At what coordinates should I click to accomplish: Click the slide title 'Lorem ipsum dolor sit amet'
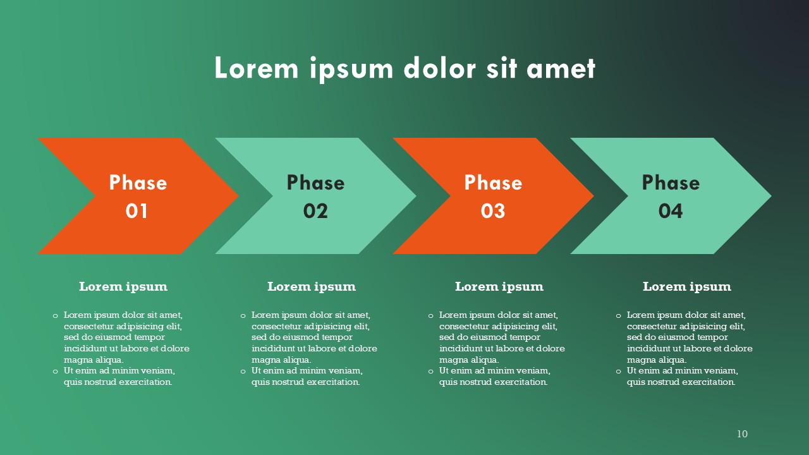point(405,68)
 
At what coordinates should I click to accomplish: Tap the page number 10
point(742,434)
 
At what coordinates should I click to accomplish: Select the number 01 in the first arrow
point(137,211)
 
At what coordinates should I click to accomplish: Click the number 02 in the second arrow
point(315,211)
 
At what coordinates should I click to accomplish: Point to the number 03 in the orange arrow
point(492,211)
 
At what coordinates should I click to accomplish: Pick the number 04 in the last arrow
point(671,211)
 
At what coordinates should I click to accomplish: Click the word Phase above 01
point(138,183)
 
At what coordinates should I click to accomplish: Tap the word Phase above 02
point(315,183)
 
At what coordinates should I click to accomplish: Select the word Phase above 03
point(494,183)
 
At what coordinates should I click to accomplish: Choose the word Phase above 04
point(671,183)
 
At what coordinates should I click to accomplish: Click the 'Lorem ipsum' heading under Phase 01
point(123,287)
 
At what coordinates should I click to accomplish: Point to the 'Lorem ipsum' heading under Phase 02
point(312,287)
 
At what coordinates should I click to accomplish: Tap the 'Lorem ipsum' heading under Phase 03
point(499,287)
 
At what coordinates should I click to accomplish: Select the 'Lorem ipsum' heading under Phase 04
point(687,287)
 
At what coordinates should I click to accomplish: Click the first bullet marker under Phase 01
point(55,316)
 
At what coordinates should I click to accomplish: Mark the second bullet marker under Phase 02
point(243,372)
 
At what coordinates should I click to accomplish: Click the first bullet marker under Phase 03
point(430,316)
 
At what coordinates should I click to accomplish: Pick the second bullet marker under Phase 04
point(618,372)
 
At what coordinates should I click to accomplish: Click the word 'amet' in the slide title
point(561,68)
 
